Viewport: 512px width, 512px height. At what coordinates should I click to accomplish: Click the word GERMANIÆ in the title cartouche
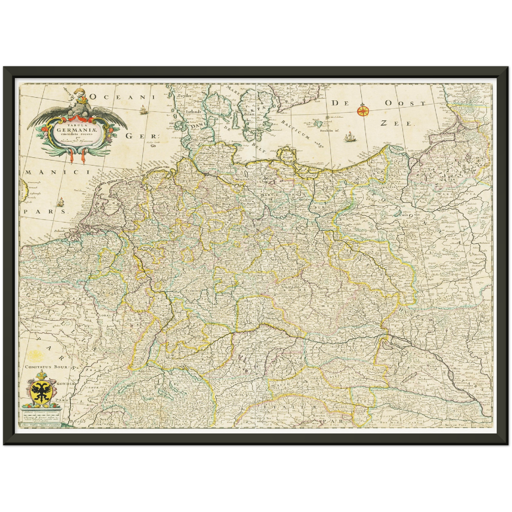[x=78, y=129]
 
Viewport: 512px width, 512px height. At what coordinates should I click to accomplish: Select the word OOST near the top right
[x=405, y=103]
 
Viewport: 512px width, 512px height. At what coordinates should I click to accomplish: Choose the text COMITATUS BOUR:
[x=49, y=367]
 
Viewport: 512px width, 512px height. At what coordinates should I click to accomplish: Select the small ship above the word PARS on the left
[x=60, y=202]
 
